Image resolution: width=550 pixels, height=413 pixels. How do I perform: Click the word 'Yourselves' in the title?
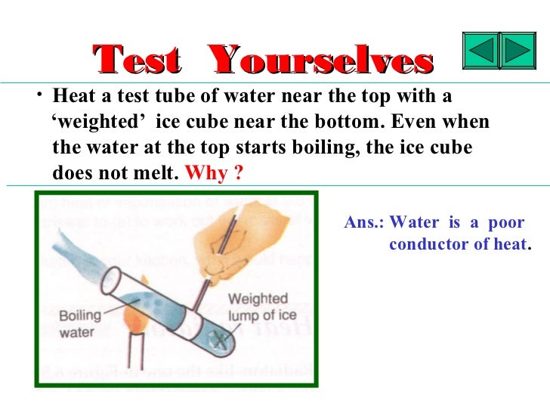tap(320, 60)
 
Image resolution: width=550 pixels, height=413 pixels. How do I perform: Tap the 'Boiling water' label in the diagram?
tap(77, 324)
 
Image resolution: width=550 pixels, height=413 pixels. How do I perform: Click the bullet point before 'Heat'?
tap(39, 96)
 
